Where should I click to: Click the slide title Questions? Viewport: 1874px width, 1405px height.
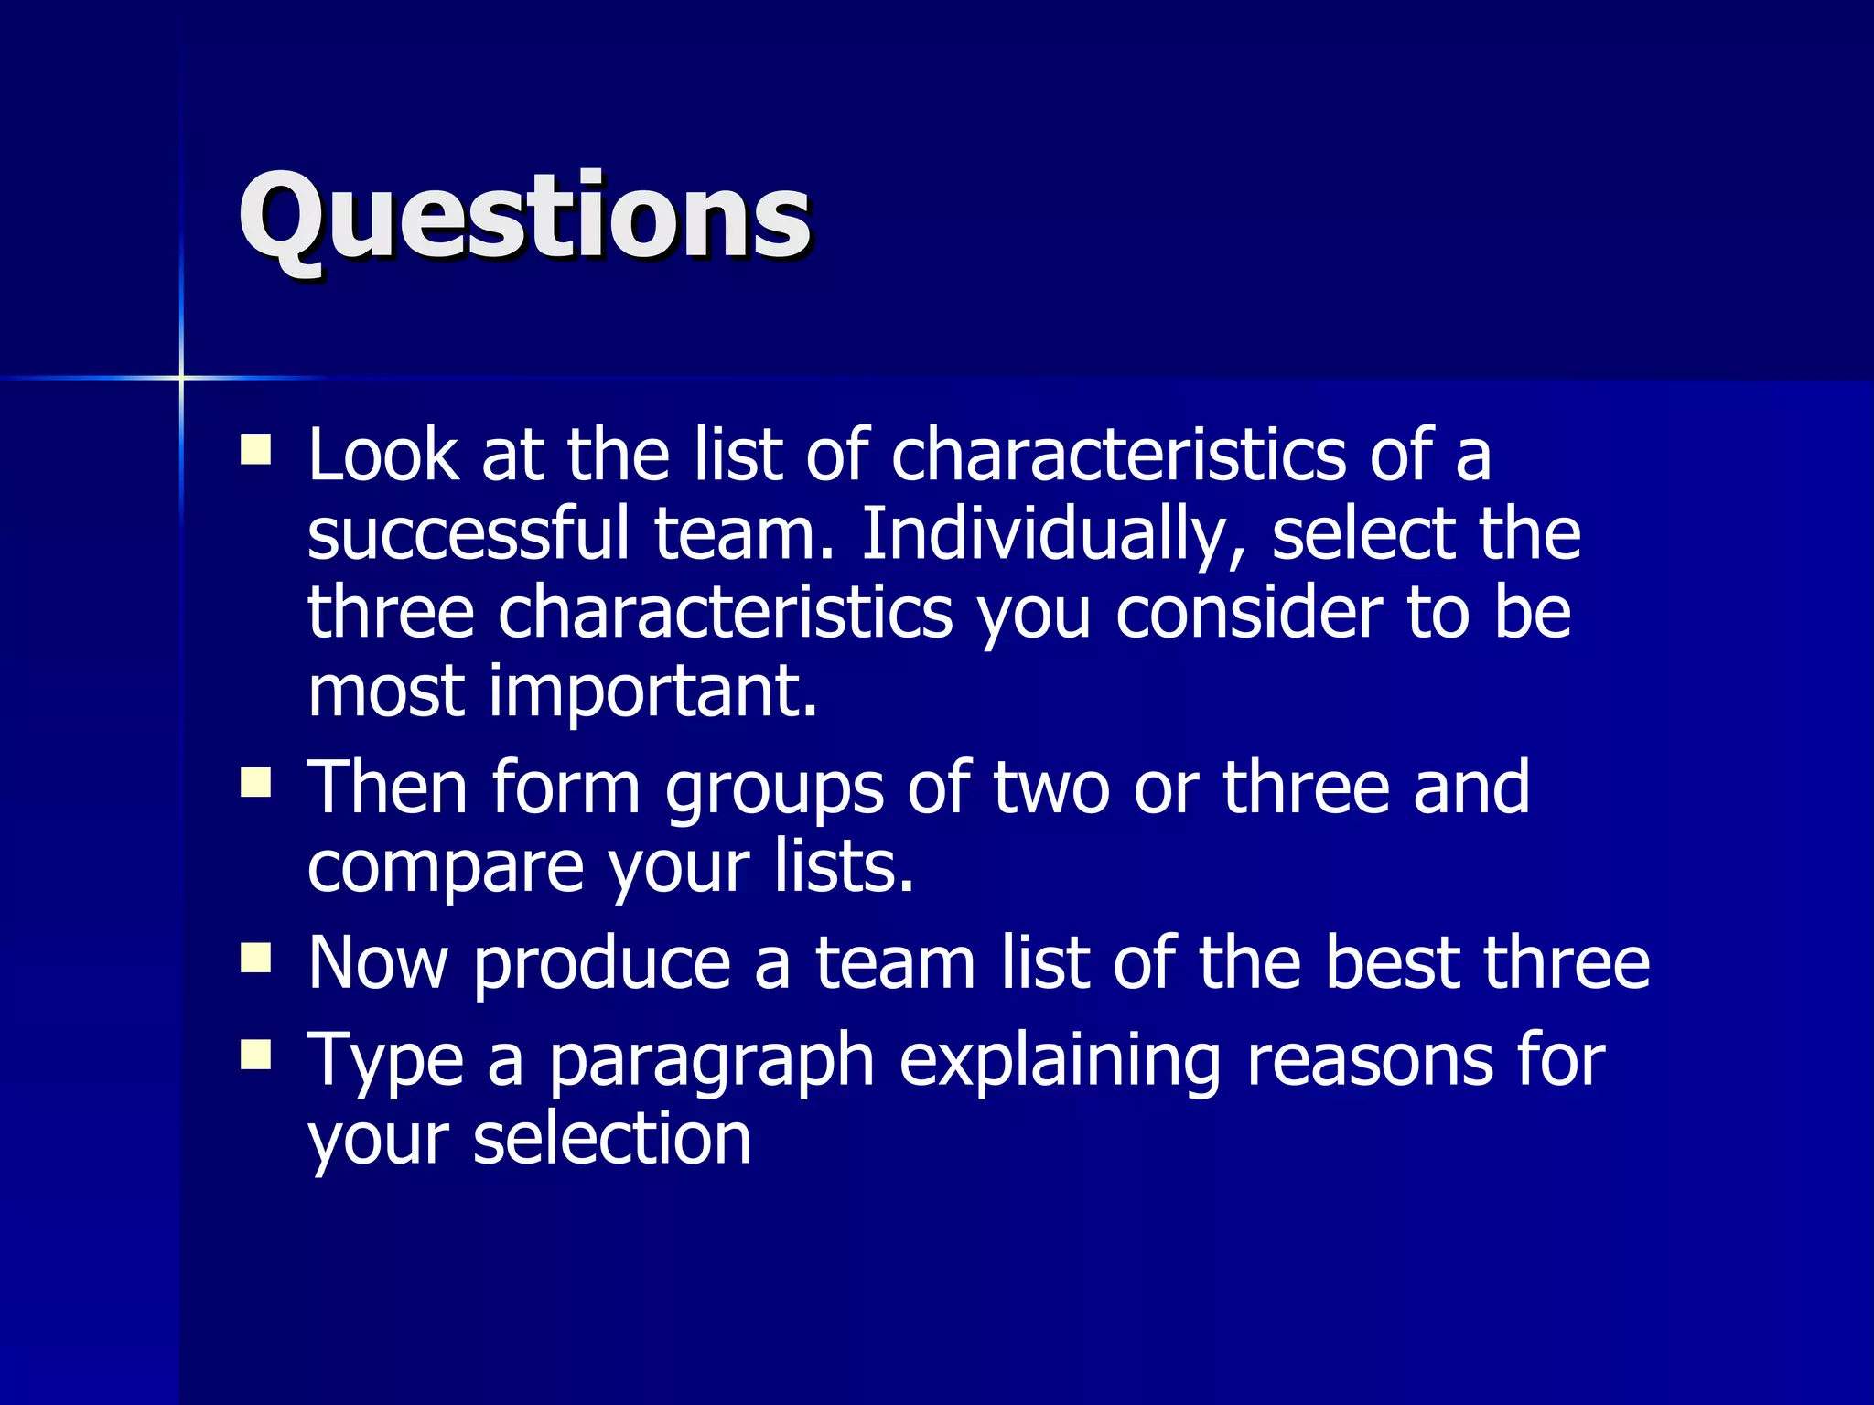pyautogui.click(x=524, y=218)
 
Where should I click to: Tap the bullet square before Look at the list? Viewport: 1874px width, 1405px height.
pyautogui.click(x=255, y=450)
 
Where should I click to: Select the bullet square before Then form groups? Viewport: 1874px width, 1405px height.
pyautogui.click(x=255, y=783)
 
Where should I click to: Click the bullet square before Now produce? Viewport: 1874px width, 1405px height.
pyautogui.click(x=255, y=958)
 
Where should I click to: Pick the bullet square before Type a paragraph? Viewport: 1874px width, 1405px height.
pyautogui.click(x=255, y=1055)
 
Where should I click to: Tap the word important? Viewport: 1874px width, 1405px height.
pyautogui.click(x=652, y=692)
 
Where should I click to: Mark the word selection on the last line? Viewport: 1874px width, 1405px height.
pyautogui.click(x=611, y=1140)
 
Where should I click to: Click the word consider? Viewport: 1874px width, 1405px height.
pyautogui.click(x=1248, y=613)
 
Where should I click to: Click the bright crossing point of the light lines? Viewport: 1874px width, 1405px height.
pyautogui.click(x=181, y=377)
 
